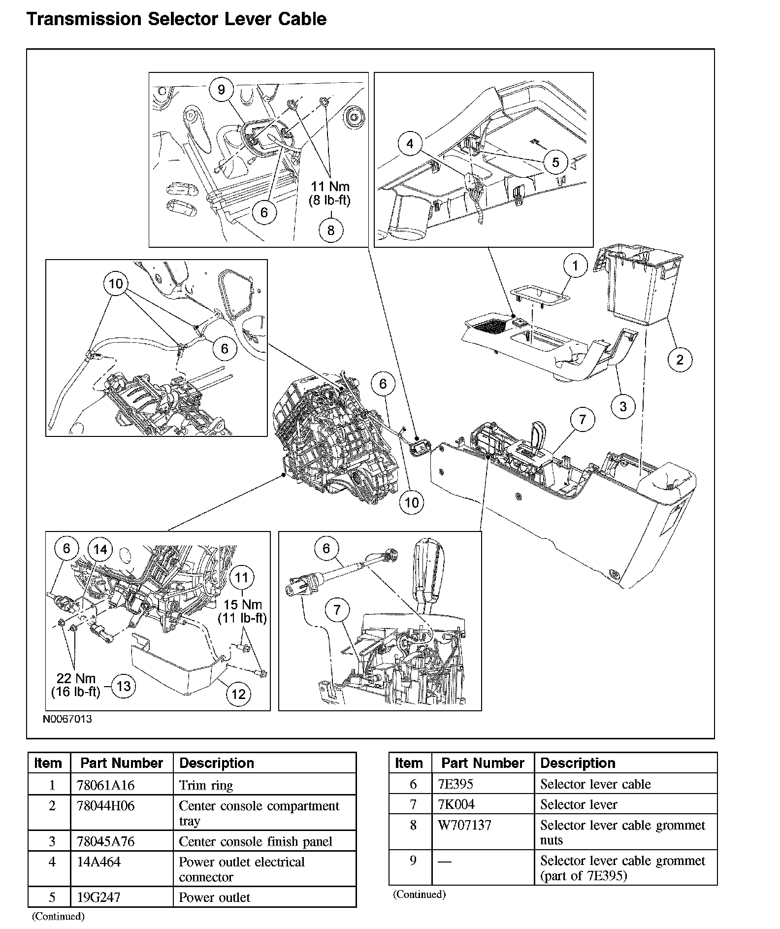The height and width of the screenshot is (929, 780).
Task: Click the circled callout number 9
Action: [x=221, y=89]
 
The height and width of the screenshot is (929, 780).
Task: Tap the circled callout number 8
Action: [x=331, y=230]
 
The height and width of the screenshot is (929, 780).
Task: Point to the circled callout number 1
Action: [x=575, y=266]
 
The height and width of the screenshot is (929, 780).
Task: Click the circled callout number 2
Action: [x=680, y=360]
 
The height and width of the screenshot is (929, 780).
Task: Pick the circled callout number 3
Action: [x=623, y=406]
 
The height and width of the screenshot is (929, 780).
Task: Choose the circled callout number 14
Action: [x=100, y=549]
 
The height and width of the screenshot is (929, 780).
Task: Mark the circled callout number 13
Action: [x=123, y=686]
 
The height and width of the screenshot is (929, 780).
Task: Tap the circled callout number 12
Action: [x=238, y=694]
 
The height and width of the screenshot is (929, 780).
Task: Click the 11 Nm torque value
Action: [x=330, y=187]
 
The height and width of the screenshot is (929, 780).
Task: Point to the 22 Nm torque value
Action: [x=76, y=679]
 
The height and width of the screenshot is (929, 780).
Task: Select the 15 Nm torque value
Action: [x=243, y=604]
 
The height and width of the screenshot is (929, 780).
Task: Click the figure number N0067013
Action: [x=67, y=719]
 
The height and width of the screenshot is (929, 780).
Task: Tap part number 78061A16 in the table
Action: [x=105, y=785]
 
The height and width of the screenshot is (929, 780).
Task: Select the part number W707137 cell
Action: [x=464, y=825]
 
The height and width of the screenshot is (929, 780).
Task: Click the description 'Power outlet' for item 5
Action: [x=215, y=897]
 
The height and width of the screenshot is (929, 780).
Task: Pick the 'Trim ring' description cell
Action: [x=206, y=785]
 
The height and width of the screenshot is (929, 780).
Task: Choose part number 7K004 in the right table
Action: [x=456, y=804]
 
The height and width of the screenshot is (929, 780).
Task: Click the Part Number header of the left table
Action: [x=122, y=763]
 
